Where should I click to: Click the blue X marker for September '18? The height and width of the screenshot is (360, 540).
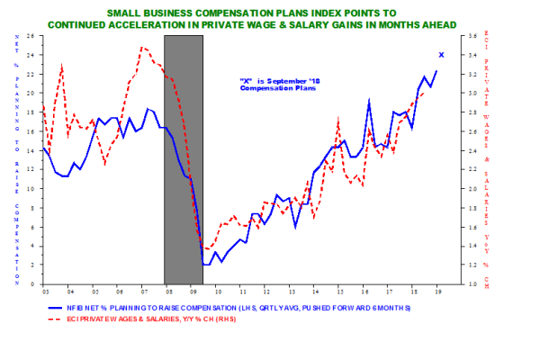[x=440, y=55]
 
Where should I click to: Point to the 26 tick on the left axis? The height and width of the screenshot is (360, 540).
[x=31, y=35]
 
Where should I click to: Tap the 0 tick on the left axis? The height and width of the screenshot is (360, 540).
[x=33, y=284]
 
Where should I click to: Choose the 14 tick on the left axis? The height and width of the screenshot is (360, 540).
[x=31, y=150]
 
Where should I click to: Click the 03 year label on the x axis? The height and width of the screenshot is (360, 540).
[x=45, y=292]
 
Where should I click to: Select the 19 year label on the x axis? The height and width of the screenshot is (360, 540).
[x=437, y=292]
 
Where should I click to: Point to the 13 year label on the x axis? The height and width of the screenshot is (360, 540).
[x=339, y=292]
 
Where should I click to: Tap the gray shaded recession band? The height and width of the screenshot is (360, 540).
[x=183, y=162]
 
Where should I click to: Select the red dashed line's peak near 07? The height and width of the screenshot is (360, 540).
[x=143, y=47]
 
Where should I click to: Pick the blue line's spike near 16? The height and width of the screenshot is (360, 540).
[x=369, y=101]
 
